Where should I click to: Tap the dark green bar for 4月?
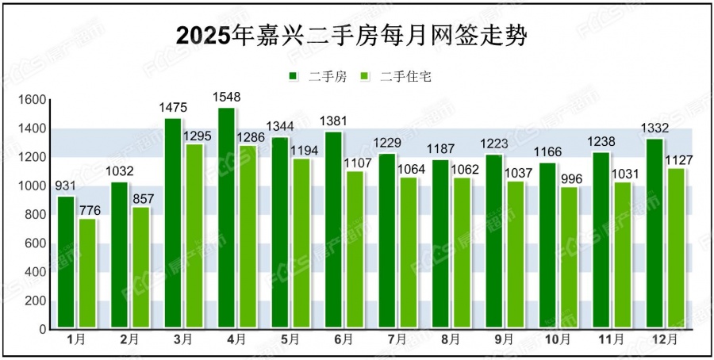click(x=226, y=218)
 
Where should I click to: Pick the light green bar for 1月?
click(x=87, y=273)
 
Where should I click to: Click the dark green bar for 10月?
click(x=548, y=245)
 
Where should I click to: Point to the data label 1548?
click(x=226, y=97)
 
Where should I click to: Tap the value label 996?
click(x=570, y=178)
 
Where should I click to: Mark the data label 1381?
click(x=333, y=121)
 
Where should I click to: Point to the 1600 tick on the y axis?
click(x=36, y=100)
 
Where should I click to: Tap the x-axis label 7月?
click(x=397, y=339)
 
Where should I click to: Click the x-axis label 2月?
click(x=129, y=339)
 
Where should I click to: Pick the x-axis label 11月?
click(x=611, y=339)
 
